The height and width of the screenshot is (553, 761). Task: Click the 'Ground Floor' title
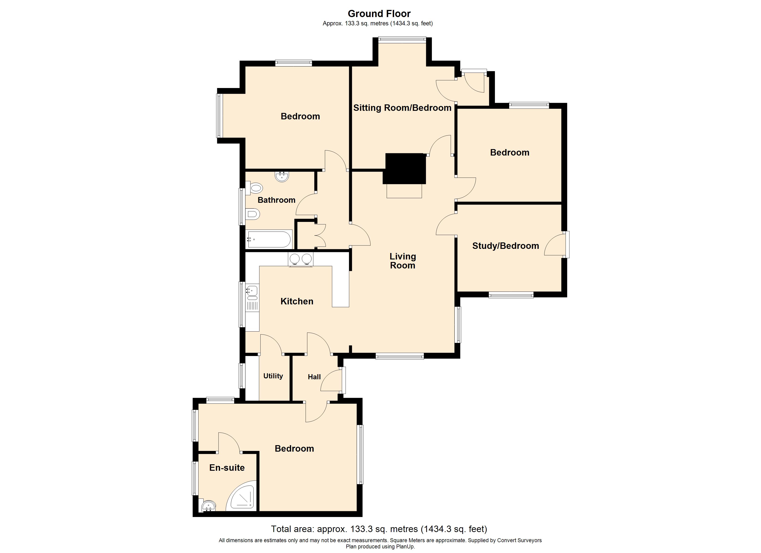379,14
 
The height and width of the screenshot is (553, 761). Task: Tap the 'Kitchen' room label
297,301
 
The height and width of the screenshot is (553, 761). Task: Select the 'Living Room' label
403,261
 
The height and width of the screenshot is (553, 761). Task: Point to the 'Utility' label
273,376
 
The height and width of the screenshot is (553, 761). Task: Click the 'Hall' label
314,377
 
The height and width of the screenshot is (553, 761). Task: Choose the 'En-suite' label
227,468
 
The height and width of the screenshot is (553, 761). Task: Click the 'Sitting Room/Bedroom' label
402,108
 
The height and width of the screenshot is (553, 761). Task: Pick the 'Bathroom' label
276,200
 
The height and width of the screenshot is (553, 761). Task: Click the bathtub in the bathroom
269,239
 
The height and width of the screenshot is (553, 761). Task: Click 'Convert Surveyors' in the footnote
519,540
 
